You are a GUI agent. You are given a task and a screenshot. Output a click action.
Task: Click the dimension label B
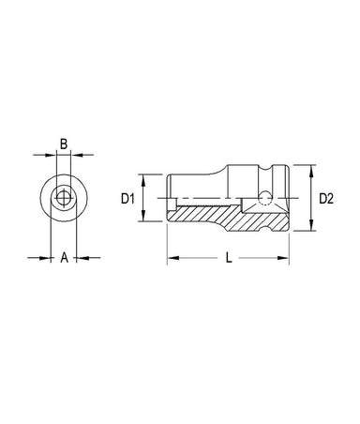click(x=64, y=144)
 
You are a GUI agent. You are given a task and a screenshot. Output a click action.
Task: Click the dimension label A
click(x=64, y=258)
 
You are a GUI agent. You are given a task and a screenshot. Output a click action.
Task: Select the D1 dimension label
click(x=127, y=199)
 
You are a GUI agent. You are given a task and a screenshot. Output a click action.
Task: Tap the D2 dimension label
click(x=326, y=199)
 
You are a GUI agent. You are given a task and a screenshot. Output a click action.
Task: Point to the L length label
click(x=229, y=258)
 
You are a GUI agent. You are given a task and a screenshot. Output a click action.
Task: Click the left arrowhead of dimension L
click(x=173, y=258)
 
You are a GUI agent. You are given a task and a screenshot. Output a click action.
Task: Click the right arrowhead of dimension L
click(x=283, y=258)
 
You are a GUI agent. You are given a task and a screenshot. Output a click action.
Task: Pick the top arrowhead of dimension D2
click(x=311, y=171)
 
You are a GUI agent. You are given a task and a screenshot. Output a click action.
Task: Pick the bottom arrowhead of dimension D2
click(x=311, y=225)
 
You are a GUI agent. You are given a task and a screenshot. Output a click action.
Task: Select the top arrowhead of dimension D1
click(x=143, y=180)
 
